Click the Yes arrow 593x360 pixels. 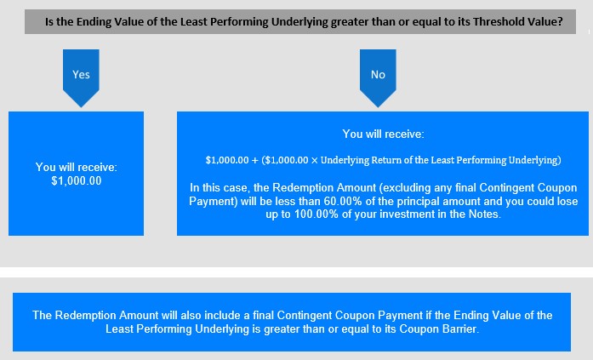point(81,78)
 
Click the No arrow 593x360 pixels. point(378,78)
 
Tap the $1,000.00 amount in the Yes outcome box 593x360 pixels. point(77,181)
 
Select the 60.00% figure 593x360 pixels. point(338,201)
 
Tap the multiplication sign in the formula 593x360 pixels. point(314,160)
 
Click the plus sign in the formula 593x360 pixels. point(255,160)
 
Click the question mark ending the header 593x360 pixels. point(560,21)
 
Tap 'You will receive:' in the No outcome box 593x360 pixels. point(383,134)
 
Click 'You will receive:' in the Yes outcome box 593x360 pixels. point(77,167)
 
